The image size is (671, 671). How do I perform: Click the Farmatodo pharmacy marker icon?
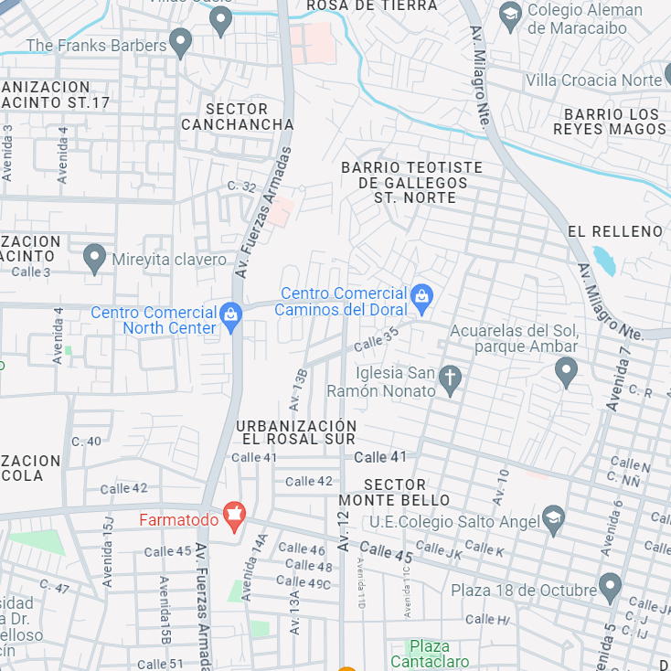pos(235,515)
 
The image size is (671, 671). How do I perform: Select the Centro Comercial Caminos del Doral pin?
pos(421,296)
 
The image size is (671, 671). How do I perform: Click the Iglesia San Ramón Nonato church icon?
pos(449,378)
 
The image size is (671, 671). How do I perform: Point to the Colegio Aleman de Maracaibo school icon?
pos(510,16)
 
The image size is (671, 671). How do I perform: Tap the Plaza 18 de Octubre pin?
pos(610,586)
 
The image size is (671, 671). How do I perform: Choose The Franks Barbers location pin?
pos(181,41)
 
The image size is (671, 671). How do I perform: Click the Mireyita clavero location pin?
pos(94,257)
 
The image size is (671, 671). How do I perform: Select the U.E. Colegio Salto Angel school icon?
pos(552,519)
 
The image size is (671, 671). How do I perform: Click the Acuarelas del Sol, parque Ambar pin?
pos(567,370)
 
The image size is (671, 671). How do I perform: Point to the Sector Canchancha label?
pos(238,117)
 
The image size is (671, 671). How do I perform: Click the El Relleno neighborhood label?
pos(615,231)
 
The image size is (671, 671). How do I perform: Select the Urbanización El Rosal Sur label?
pos(295,432)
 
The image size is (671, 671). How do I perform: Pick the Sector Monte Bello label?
pos(395,492)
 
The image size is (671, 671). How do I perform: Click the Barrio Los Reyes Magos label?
pos(610,122)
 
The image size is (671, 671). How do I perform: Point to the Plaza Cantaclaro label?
pos(430,654)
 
